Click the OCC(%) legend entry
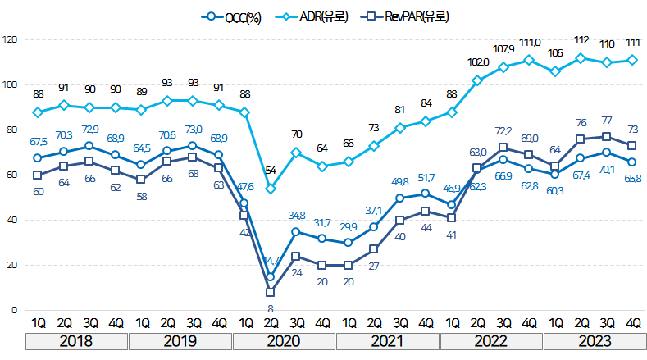233,16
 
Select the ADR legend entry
316,16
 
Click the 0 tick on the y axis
14,310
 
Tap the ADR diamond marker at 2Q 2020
271,189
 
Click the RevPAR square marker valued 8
271,292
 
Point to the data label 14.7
271,260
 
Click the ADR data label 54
271,170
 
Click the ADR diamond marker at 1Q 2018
38,112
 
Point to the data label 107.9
503,48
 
